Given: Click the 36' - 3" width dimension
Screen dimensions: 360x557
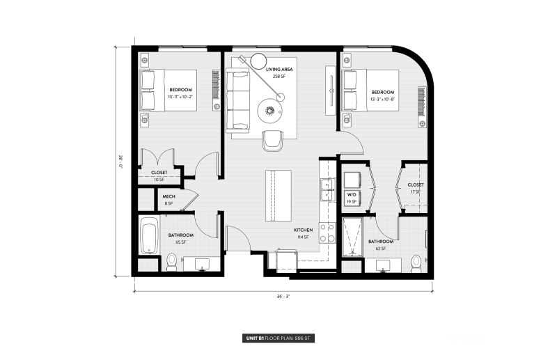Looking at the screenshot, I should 282,296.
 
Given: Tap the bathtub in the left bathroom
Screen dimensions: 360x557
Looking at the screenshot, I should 149,235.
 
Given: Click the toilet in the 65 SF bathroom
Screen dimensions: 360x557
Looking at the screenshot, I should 171,262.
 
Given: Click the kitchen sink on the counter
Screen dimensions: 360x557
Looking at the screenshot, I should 326,186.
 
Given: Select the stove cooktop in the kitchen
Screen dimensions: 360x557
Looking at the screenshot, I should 326,228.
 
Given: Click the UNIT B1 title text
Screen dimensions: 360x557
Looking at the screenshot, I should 255,339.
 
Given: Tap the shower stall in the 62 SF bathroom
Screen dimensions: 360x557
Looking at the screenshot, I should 352,237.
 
